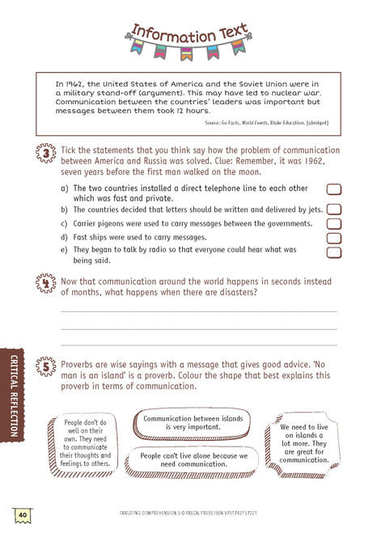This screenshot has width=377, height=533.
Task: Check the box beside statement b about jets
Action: tap(333, 209)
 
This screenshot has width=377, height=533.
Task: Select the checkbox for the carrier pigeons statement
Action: tap(333, 224)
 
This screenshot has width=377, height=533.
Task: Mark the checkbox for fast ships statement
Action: tap(333, 239)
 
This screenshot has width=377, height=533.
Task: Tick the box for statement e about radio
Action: tap(333, 253)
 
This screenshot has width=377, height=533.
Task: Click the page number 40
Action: tap(22, 514)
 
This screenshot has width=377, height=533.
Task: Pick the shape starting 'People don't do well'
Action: tap(85, 442)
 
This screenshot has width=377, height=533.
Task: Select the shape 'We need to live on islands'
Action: tap(304, 442)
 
